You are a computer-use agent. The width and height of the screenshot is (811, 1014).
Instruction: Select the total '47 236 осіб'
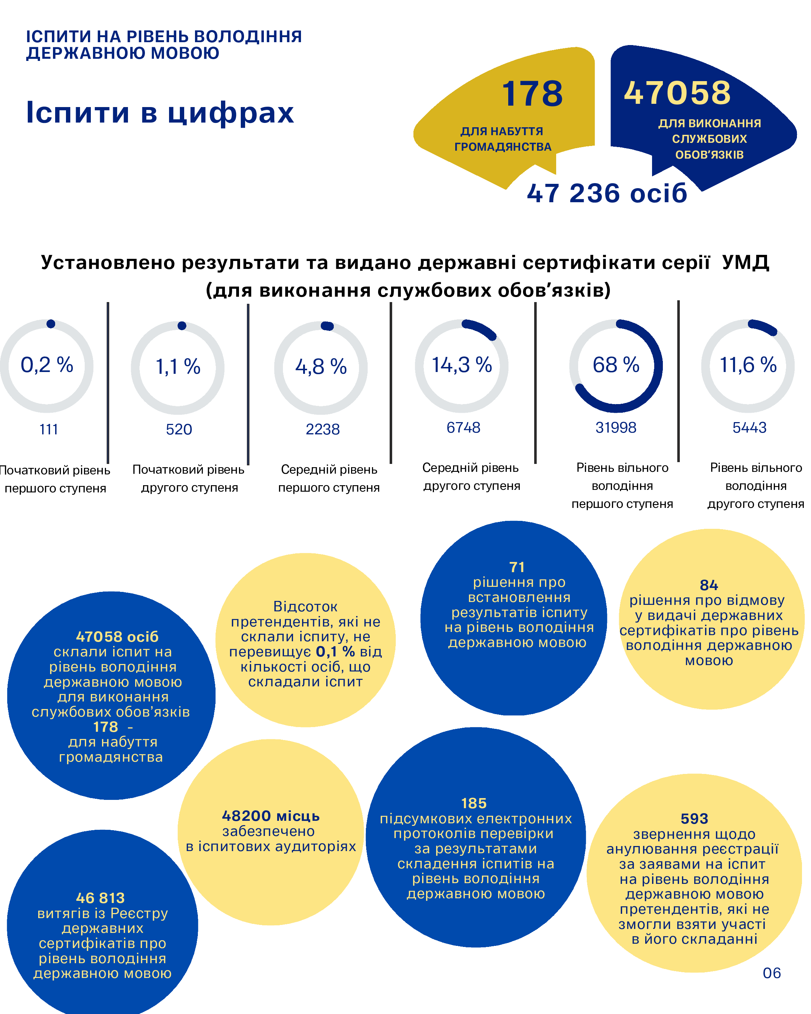607,193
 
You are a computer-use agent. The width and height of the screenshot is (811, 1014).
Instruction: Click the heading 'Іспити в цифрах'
160,113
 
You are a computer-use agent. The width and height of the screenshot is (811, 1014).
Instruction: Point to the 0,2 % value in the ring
47,365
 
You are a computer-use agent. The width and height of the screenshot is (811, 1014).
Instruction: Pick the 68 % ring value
616,365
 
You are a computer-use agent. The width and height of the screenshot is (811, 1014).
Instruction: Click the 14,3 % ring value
462,365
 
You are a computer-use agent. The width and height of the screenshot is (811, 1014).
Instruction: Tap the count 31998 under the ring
616,428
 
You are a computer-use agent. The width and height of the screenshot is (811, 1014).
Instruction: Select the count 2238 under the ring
323,429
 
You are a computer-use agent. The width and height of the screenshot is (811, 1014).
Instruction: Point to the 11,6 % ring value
748,365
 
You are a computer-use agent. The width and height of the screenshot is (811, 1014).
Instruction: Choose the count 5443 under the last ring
749,428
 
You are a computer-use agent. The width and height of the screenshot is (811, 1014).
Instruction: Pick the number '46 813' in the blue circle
100,898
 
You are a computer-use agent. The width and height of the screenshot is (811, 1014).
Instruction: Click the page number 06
771,973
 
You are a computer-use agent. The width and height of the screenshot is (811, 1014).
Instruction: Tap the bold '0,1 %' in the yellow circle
336,651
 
